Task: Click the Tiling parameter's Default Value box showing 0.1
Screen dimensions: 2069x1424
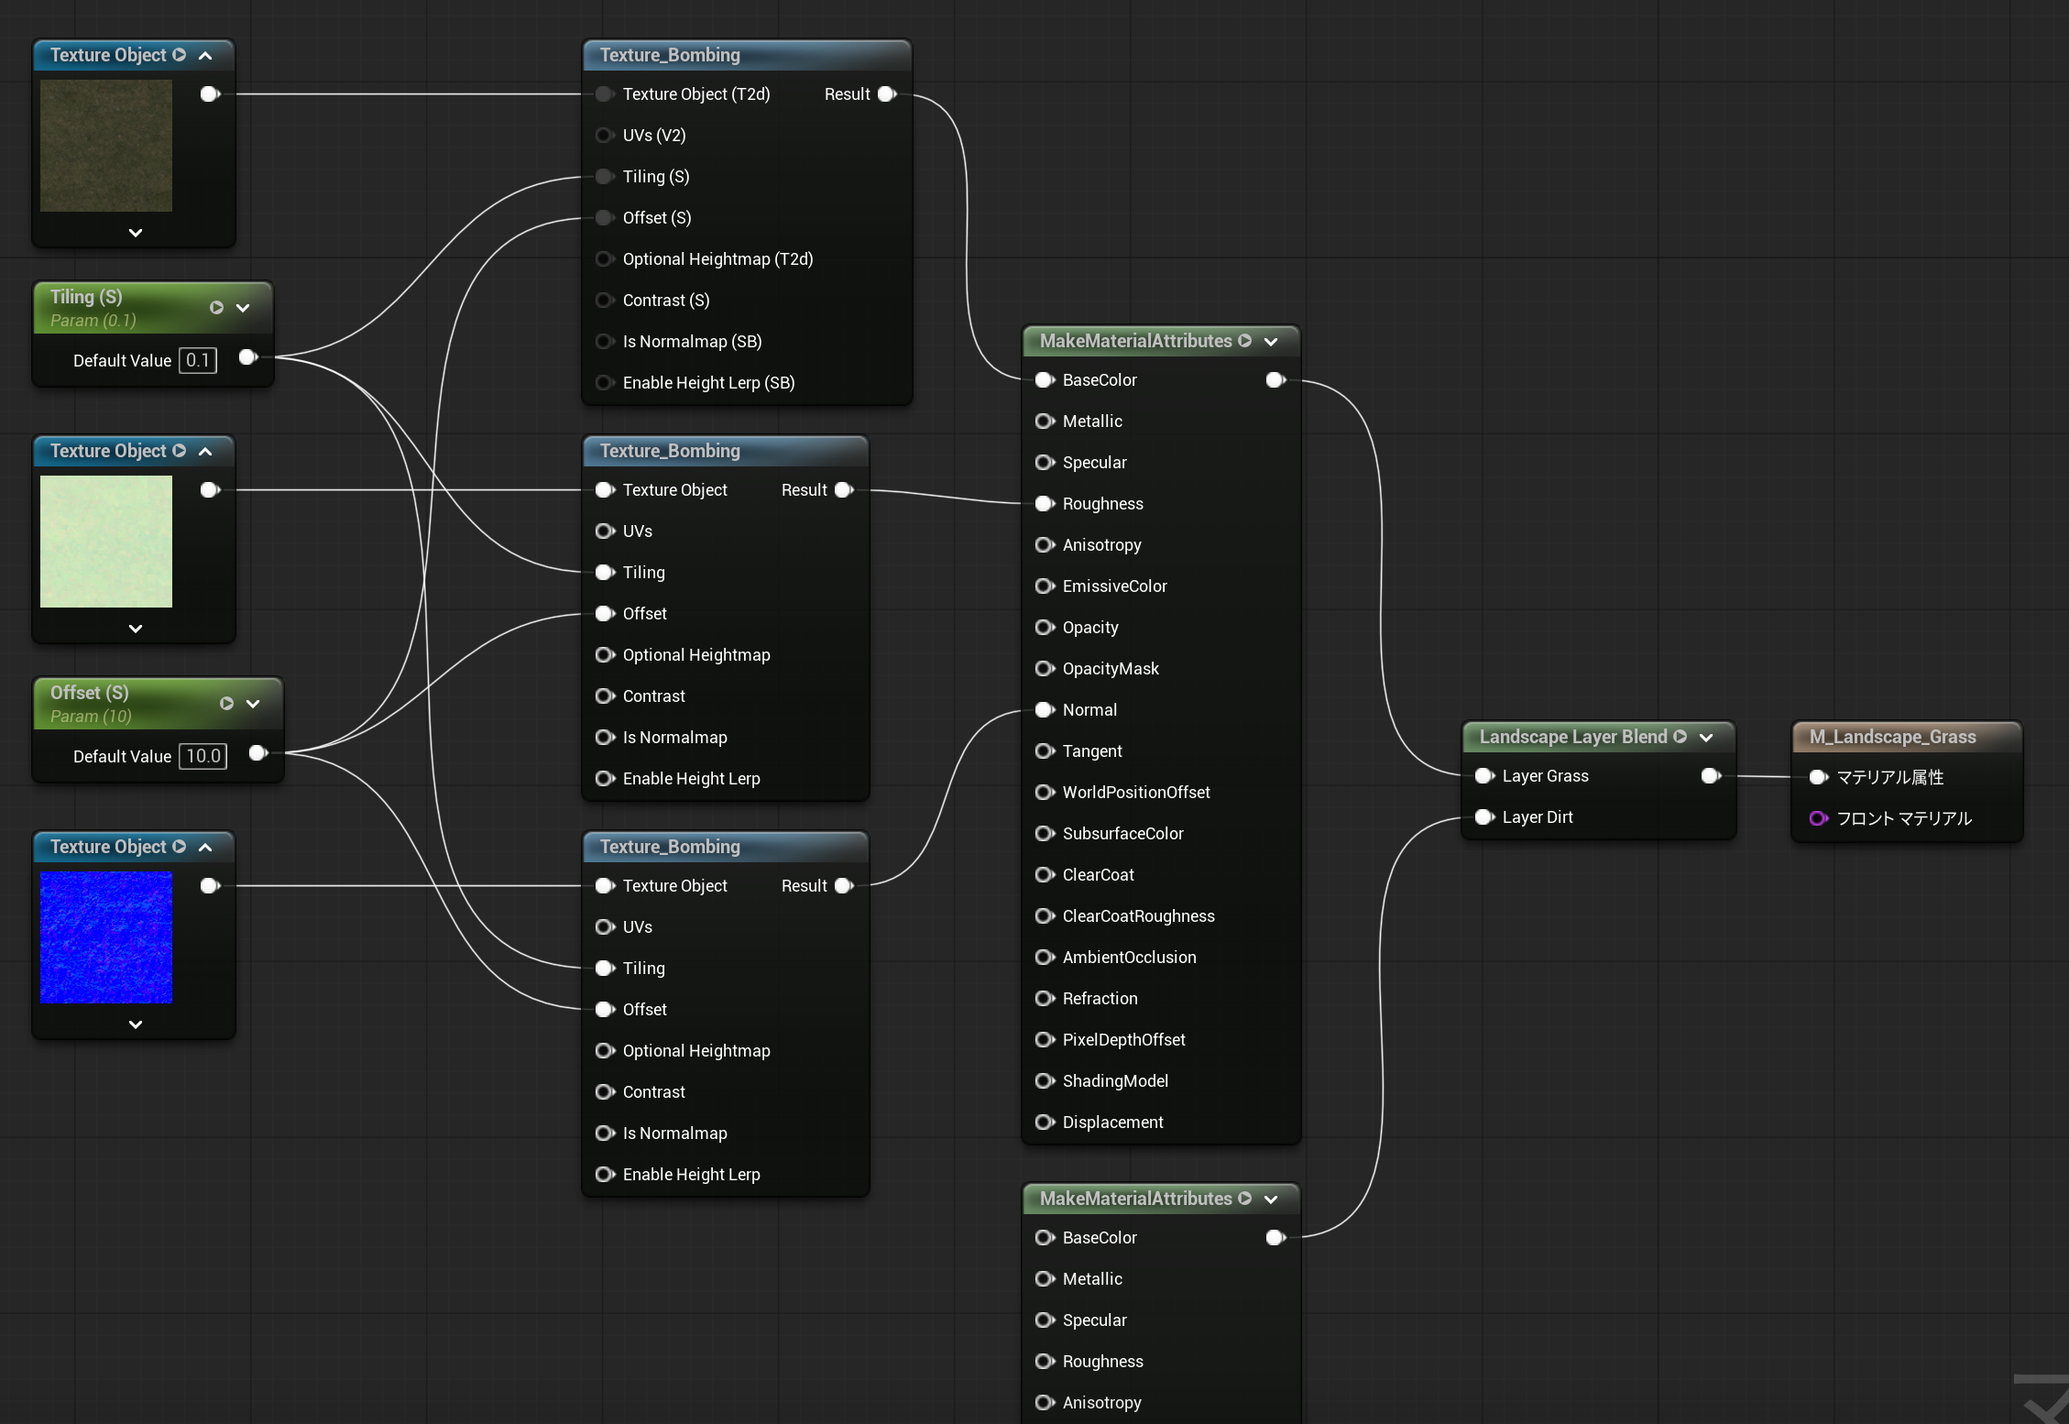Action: [x=198, y=360]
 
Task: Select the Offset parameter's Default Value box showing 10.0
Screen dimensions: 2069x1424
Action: [x=203, y=756]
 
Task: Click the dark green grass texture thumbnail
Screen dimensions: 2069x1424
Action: [x=106, y=146]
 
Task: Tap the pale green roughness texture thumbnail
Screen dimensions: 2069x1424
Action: [x=106, y=542]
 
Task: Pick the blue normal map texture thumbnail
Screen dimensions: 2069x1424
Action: [x=106, y=937]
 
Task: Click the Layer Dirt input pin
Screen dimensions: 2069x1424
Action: [x=1484, y=817]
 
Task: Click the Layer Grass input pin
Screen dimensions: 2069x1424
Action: [x=1484, y=776]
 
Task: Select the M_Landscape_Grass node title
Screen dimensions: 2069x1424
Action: [x=1892, y=737]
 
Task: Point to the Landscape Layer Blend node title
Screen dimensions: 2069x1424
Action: [x=1572, y=737]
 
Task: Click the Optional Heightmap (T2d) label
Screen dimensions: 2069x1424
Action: [x=717, y=259]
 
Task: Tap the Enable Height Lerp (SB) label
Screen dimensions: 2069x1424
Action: [x=708, y=383]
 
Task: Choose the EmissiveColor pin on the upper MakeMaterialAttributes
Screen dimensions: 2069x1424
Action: [x=1045, y=586]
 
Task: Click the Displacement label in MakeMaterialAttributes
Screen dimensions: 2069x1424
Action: [x=1112, y=1123]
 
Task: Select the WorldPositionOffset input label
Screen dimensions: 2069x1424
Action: [x=1136, y=793]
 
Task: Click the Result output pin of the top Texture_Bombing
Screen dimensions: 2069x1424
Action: [x=887, y=94]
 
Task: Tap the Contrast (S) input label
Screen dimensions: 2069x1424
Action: [x=666, y=301]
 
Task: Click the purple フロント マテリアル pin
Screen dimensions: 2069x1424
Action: [x=1819, y=818]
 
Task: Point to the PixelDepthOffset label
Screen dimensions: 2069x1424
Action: [x=1123, y=1040]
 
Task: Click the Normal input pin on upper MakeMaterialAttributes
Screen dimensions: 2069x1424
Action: [x=1045, y=710]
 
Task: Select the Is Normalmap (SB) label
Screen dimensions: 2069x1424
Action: [x=692, y=342]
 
